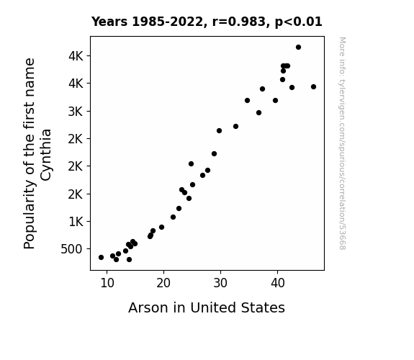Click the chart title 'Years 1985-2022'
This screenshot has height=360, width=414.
click(148, 22)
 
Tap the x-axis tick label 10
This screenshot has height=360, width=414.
click(107, 283)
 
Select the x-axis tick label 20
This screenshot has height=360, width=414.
click(163, 283)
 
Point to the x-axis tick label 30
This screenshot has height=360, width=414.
click(220, 283)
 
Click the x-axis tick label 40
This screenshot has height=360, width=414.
click(277, 283)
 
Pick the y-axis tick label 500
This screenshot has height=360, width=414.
click(71, 249)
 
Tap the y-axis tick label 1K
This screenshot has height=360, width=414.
click(76, 222)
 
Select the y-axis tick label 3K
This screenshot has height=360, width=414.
click(76, 112)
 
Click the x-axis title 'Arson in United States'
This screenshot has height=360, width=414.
click(207, 307)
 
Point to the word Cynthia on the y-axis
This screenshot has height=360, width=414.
click(46, 155)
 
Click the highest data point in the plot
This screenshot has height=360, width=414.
click(298, 48)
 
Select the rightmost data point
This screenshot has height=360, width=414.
click(313, 87)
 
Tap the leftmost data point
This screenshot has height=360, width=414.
click(101, 257)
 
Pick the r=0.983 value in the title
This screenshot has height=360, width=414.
click(239, 22)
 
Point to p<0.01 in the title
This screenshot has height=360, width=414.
click(298, 22)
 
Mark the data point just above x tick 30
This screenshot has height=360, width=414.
click(219, 131)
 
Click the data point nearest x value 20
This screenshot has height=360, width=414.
click(161, 227)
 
